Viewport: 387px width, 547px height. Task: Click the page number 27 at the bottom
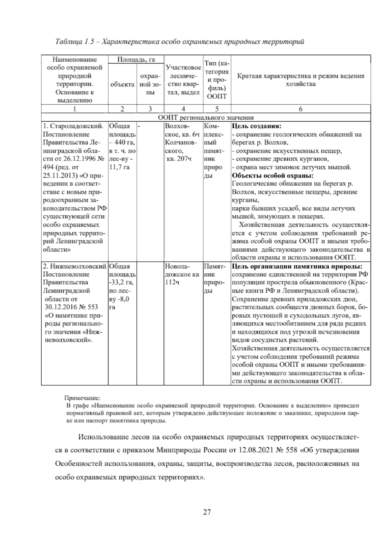(207, 512)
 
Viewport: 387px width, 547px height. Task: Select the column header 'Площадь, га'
(136, 60)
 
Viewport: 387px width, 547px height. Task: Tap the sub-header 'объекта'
(122, 85)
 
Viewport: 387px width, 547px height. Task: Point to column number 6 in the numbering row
(300, 109)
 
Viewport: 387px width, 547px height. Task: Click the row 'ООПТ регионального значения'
(206, 118)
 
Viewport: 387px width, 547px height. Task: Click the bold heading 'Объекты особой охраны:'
(273, 176)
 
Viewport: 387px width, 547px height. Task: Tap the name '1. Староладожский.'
(73, 126)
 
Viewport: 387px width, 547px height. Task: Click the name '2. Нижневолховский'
(74, 266)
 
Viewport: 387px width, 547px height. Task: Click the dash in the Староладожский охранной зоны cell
(139, 126)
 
